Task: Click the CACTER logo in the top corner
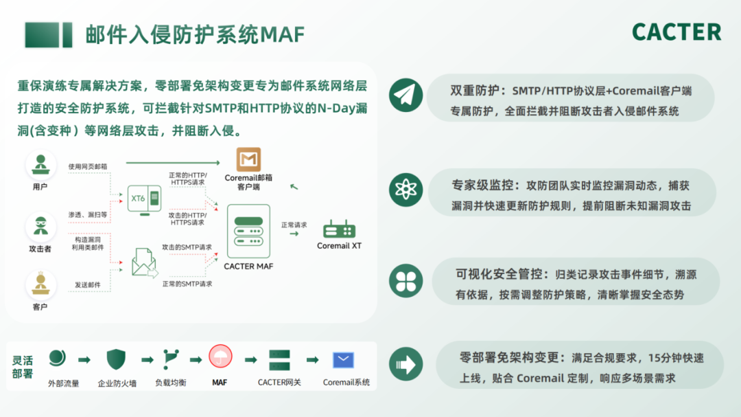pos(677,32)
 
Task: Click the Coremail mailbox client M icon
pos(248,159)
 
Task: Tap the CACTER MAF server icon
pos(248,231)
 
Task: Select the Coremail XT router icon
pos(339,229)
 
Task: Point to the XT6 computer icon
pos(145,200)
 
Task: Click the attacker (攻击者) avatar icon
pos(40,227)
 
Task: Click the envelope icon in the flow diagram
pos(145,262)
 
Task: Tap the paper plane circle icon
pos(406,95)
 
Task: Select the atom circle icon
pos(406,190)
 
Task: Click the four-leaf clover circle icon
pos(406,281)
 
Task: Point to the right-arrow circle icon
pos(406,364)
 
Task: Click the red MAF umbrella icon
pos(220,357)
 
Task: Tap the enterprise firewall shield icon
pos(116,359)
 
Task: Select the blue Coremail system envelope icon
pos(343,360)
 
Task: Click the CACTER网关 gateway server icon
pos(279,360)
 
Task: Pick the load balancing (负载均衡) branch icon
pos(171,359)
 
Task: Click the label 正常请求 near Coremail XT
pos(294,225)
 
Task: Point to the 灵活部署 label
pos(22,367)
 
